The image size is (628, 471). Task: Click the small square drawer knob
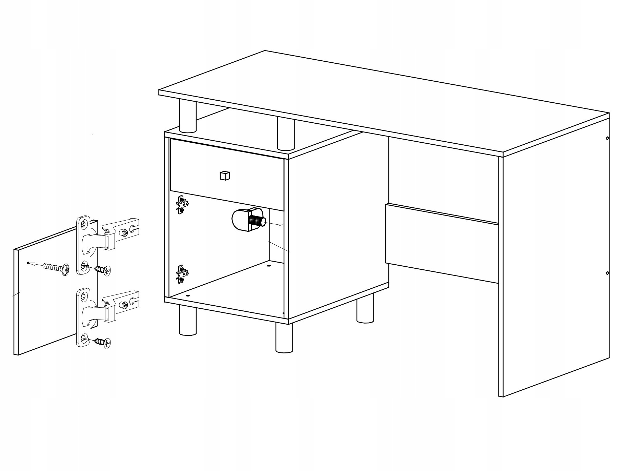[x=225, y=176]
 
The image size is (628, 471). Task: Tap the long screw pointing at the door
[x=56, y=268]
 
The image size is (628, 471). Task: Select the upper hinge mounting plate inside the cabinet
[x=182, y=205]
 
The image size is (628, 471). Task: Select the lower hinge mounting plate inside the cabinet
[x=182, y=274]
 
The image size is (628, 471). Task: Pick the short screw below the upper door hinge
[x=103, y=270]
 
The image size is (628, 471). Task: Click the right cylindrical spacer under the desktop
[x=285, y=133]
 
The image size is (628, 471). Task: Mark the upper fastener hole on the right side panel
[x=607, y=138]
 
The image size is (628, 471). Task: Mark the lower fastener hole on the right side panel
[x=607, y=273]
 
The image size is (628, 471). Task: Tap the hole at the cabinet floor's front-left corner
[x=188, y=295]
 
